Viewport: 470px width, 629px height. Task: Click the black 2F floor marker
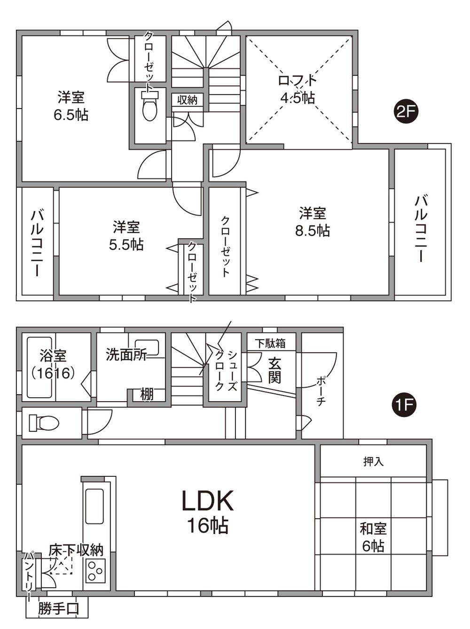[406, 113]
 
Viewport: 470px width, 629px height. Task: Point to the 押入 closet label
[373, 462]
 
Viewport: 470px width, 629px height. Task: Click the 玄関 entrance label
[274, 370]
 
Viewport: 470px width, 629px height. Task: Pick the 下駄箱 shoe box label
[271, 343]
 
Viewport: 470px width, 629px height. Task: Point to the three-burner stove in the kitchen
[95, 570]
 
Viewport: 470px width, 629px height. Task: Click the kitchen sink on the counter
[94, 506]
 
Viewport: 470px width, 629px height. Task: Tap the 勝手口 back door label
[58, 609]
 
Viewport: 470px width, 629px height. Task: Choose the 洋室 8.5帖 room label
[313, 222]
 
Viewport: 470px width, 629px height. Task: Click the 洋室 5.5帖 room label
[126, 236]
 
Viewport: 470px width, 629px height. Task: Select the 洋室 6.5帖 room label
[71, 106]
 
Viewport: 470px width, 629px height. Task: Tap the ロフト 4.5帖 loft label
[298, 89]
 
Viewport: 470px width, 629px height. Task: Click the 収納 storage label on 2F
[187, 100]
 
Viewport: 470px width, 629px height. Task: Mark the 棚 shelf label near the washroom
[147, 395]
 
